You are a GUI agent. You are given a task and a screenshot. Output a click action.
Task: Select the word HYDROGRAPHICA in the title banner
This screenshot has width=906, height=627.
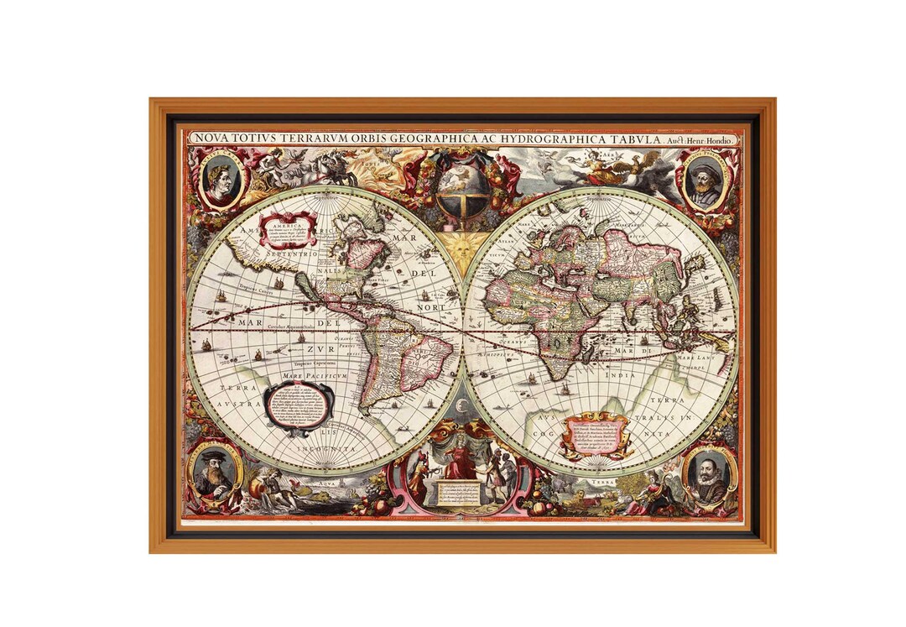tap(531, 138)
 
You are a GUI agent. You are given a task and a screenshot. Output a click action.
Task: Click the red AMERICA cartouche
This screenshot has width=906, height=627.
tap(288, 228)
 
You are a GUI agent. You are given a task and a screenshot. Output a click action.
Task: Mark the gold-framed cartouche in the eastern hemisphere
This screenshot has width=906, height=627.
tap(596, 433)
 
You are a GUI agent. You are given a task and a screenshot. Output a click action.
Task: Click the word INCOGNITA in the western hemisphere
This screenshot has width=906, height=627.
tap(326, 450)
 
